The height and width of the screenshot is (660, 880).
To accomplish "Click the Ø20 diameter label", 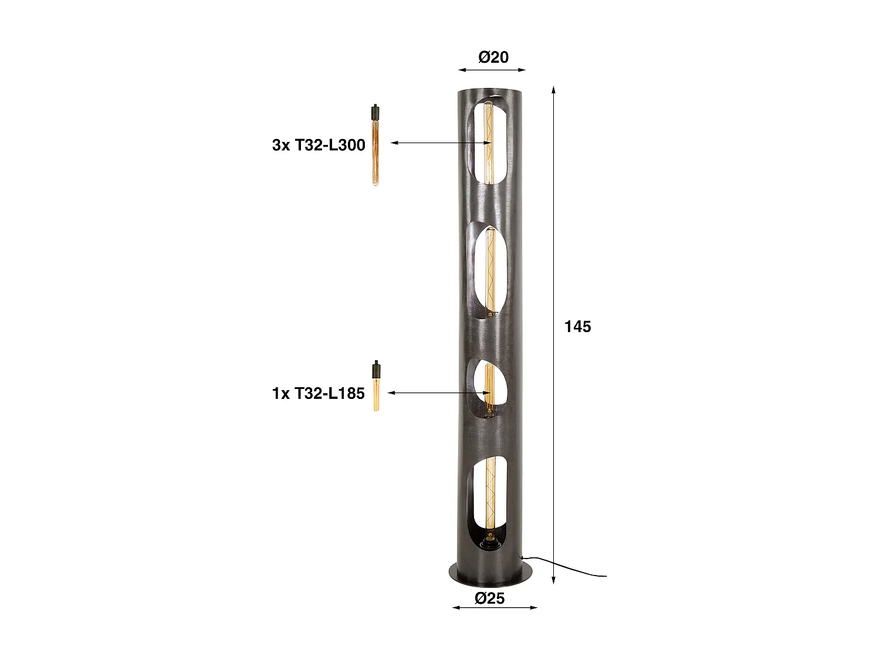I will (x=493, y=57).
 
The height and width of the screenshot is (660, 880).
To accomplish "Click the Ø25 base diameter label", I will (x=489, y=598).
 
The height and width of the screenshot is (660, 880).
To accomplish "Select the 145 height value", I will (x=577, y=326).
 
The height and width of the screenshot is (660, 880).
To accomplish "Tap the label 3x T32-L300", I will (x=319, y=145).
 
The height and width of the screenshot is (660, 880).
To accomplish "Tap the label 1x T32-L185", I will (x=319, y=393).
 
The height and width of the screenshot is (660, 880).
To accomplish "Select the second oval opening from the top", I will (x=486, y=271).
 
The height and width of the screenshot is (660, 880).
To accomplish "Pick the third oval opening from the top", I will (x=486, y=389).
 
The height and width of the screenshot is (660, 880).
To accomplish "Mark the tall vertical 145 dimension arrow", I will (x=553, y=334).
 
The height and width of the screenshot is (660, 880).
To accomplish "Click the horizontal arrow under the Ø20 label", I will (x=492, y=70).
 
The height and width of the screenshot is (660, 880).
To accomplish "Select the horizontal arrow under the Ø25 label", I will (x=495, y=607).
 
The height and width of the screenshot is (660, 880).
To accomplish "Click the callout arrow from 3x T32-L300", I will (x=440, y=143).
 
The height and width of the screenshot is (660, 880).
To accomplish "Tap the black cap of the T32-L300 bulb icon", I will (x=374, y=111).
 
